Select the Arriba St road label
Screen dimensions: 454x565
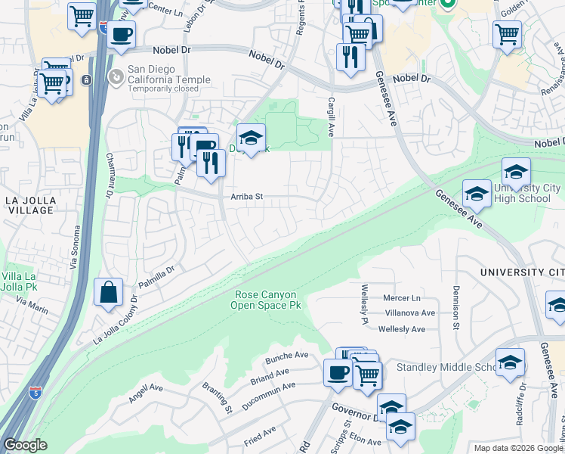pyautogui.click(x=246, y=197)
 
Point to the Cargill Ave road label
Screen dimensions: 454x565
pyautogui.click(x=331, y=117)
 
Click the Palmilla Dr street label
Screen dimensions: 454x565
pyautogui.click(x=156, y=278)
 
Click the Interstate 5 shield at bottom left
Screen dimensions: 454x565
pyautogui.click(x=35, y=393)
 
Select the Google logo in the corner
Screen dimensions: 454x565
pyautogui.click(x=25, y=445)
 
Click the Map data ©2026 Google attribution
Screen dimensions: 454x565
pyautogui.click(x=517, y=448)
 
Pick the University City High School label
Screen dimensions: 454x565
pyautogui.click(x=526, y=193)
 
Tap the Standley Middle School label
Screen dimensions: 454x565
pyautogui.click(x=451, y=368)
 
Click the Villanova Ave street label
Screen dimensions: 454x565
pyautogui.click(x=409, y=313)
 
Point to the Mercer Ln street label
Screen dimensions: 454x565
pyautogui.click(x=401, y=297)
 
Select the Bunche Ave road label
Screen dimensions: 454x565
pyautogui.click(x=286, y=356)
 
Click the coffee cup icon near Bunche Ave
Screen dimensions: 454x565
pyautogui.click(x=337, y=372)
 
